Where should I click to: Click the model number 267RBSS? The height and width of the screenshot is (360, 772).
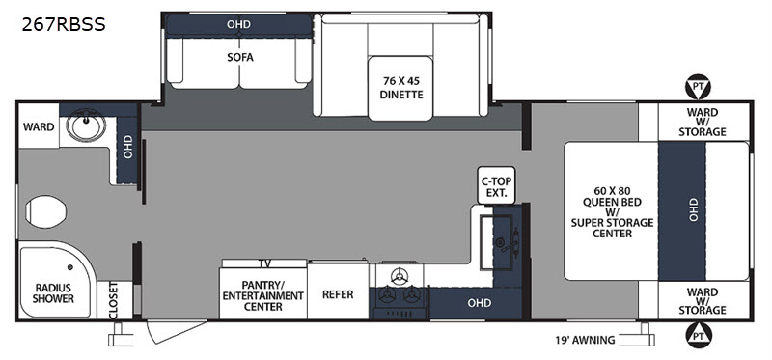(64, 25)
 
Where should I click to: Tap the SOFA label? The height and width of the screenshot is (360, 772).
(239, 58)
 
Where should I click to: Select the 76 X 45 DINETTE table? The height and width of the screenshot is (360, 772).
(401, 88)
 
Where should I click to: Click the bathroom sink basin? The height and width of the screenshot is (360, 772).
(86, 125)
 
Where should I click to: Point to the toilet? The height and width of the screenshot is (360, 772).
(45, 211)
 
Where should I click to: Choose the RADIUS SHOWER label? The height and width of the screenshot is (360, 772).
(54, 293)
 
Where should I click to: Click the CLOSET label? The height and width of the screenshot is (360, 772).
(114, 300)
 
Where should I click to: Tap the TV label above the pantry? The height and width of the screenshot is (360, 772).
(264, 263)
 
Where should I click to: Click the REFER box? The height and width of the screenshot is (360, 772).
(338, 292)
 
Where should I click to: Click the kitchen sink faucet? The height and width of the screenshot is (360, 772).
(515, 242)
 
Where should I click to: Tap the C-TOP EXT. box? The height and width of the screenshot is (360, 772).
(496, 185)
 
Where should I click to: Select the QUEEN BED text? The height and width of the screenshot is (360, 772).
(612, 201)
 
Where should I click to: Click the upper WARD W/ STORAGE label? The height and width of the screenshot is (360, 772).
(703, 123)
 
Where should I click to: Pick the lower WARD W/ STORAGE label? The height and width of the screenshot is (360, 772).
(703, 300)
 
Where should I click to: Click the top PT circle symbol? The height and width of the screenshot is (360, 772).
(697, 88)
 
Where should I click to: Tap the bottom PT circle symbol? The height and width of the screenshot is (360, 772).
(697, 335)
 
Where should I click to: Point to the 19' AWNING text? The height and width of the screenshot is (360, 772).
(584, 340)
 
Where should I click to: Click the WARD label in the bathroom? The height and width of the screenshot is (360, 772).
(39, 127)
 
